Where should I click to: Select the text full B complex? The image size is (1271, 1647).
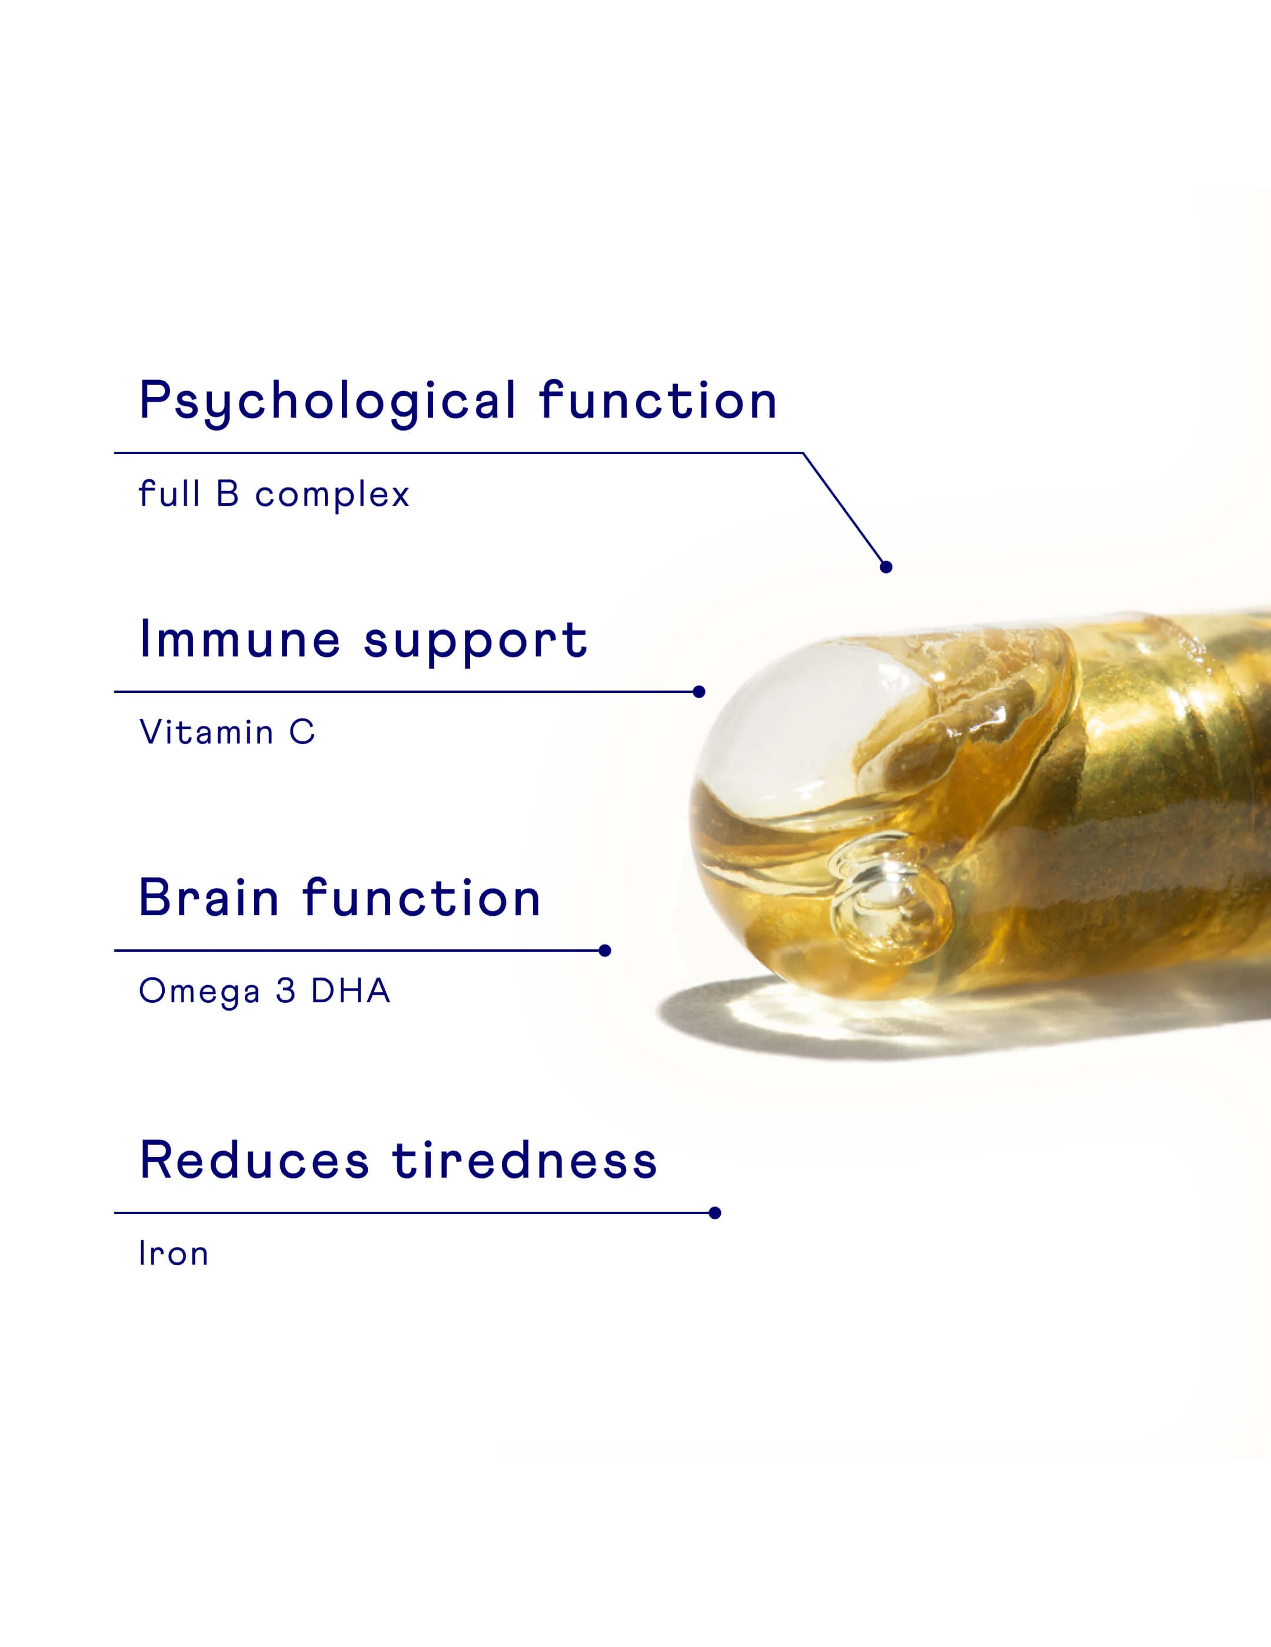(274, 495)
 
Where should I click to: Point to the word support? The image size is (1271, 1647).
(475, 642)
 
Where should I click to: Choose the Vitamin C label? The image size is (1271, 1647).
(227, 732)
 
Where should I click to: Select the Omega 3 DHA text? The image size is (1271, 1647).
(265, 991)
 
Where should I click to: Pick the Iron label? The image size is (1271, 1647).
(174, 1253)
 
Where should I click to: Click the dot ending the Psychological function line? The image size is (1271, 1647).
(886, 567)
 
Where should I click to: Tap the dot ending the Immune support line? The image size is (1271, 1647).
(699, 692)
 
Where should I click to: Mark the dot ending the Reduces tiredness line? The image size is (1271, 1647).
(715, 1213)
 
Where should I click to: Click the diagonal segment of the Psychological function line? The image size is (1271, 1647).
(845, 510)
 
